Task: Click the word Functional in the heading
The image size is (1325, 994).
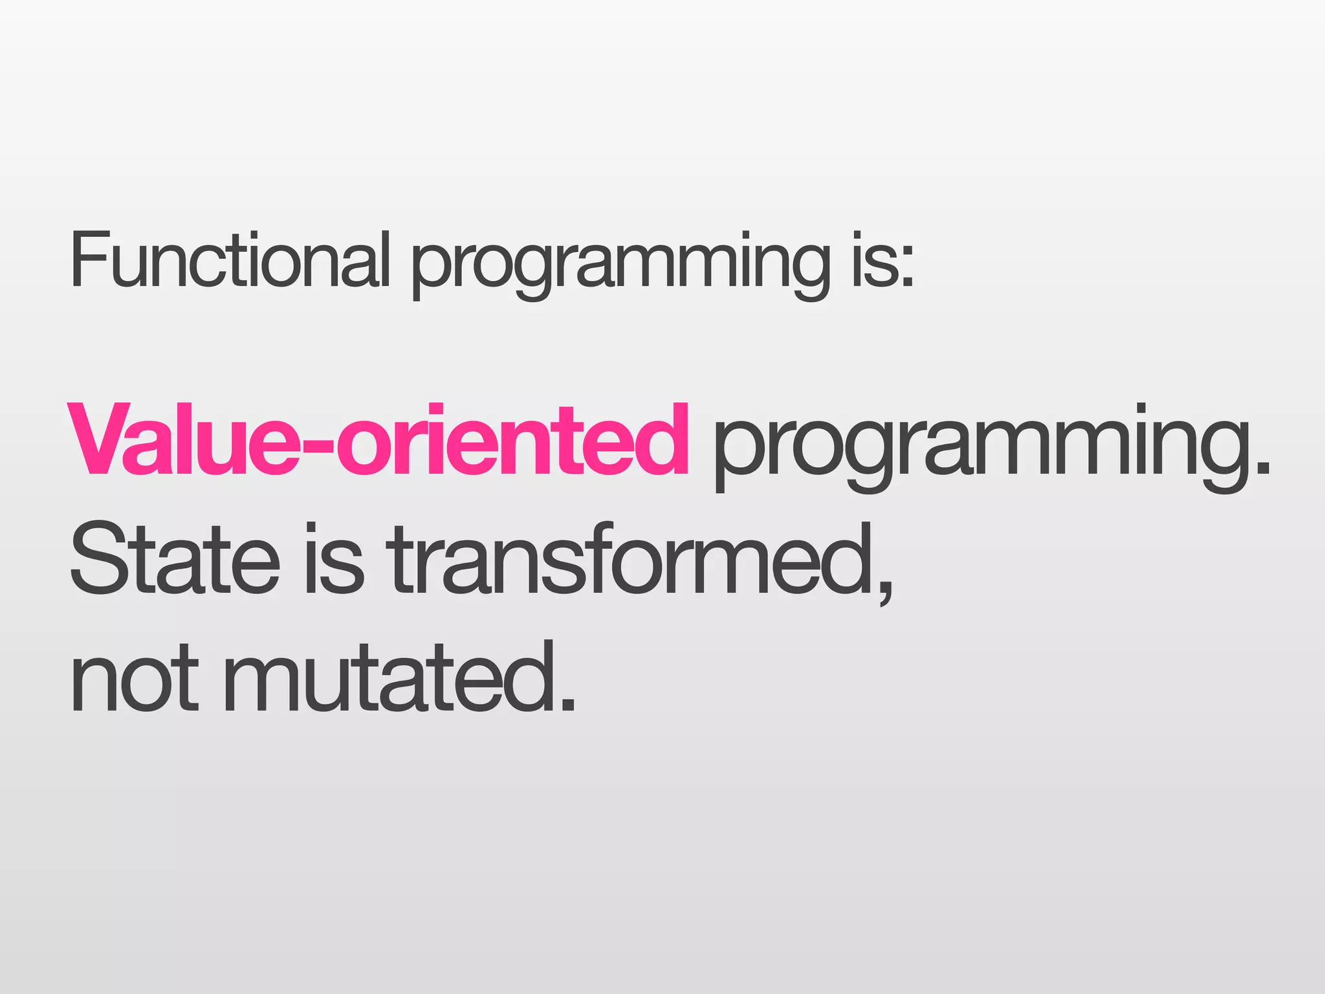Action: pos(230,260)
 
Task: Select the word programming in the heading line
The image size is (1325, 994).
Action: pos(620,265)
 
